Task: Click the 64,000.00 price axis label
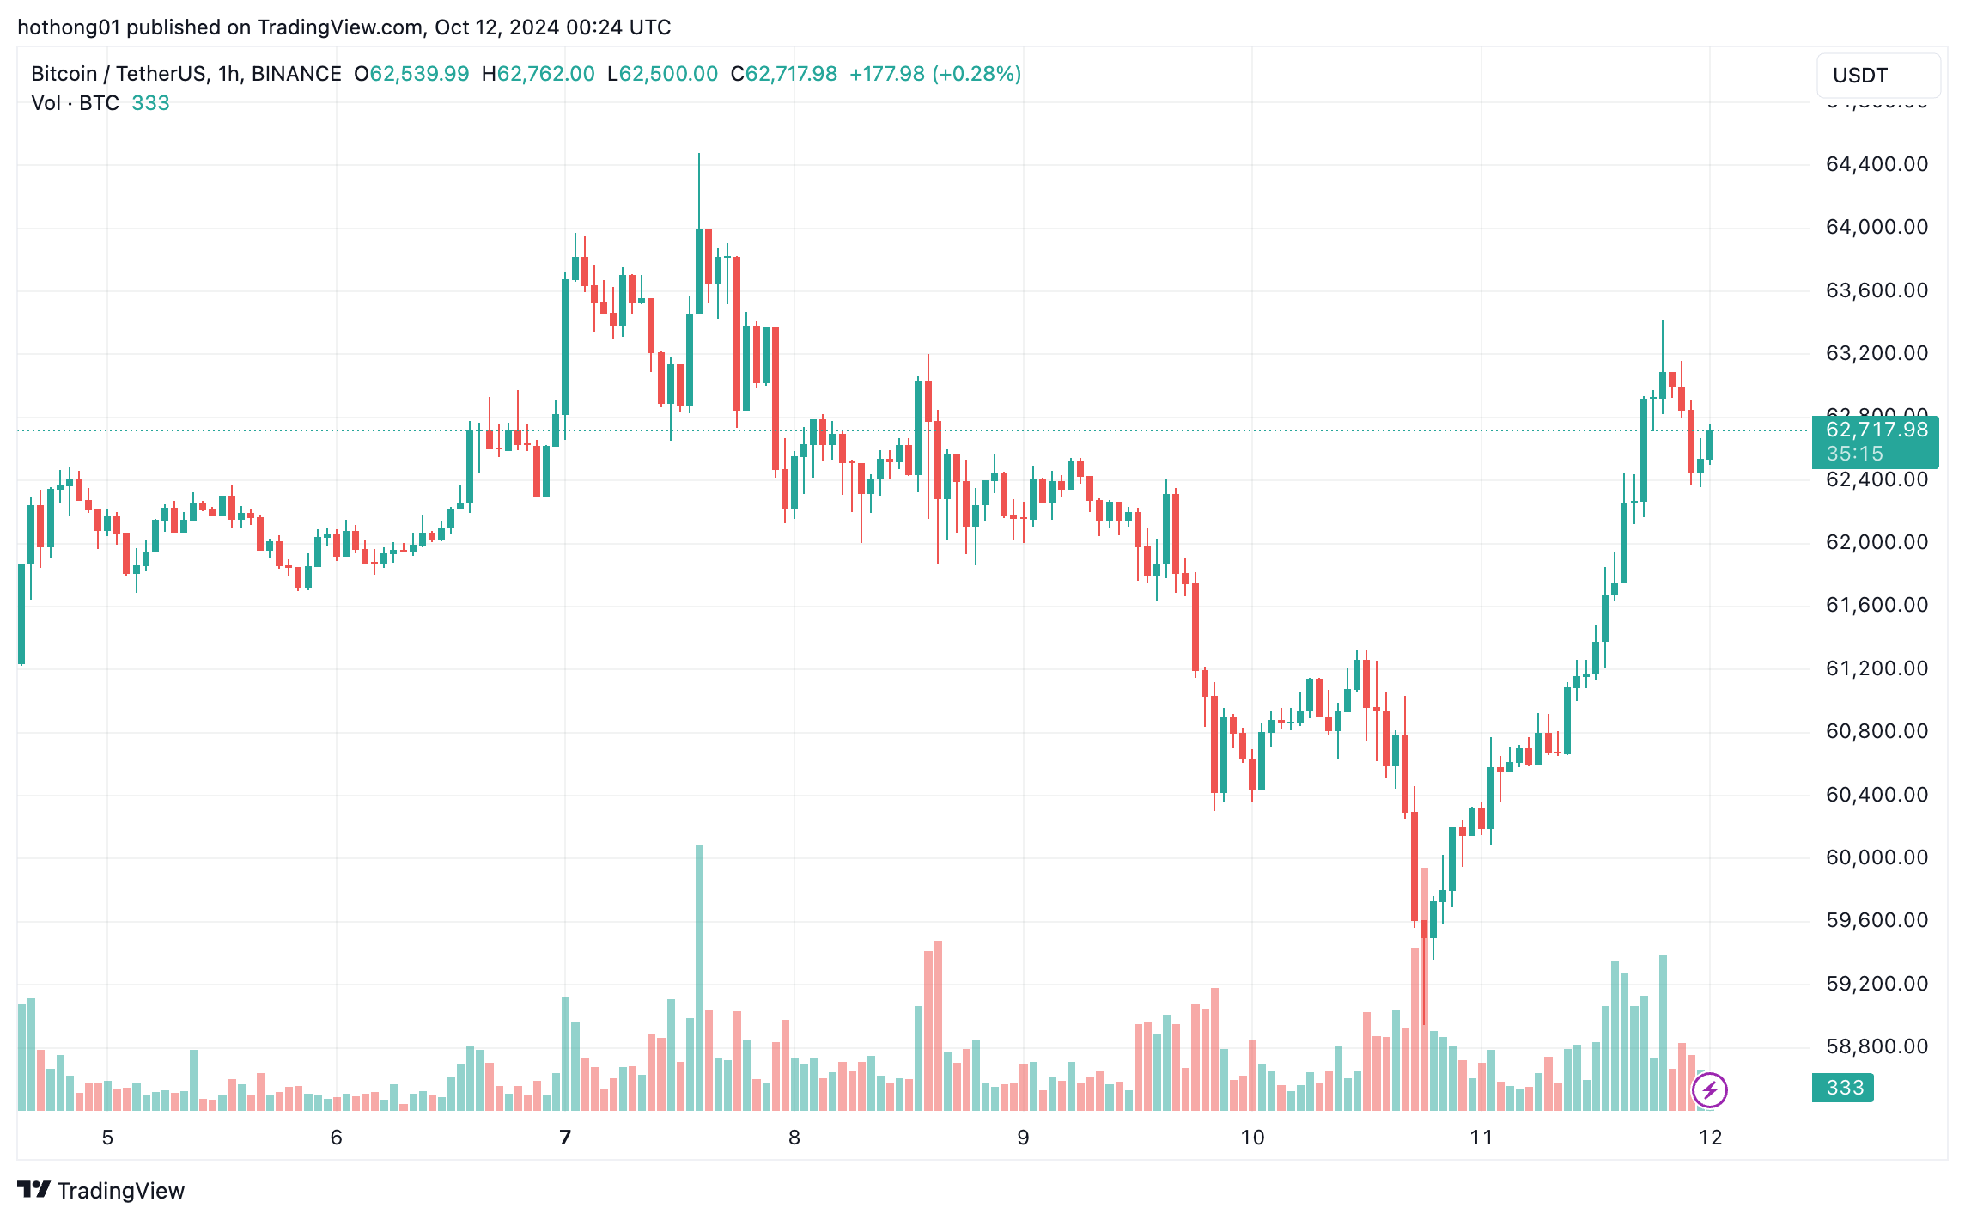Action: click(x=1877, y=227)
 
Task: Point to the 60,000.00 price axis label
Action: click(x=1877, y=857)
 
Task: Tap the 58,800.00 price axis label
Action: click(x=1877, y=1046)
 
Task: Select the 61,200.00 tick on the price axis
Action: click(x=1877, y=668)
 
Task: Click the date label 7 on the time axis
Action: click(x=565, y=1138)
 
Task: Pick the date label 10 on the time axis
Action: click(x=1252, y=1138)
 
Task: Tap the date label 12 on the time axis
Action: click(x=1710, y=1138)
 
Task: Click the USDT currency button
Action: click(x=1877, y=76)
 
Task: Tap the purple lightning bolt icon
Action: click(x=1709, y=1090)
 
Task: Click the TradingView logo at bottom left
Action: click(x=101, y=1190)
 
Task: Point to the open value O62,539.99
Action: click(x=412, y=74)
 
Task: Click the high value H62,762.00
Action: click(x=538, y=74)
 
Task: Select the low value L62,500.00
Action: click(x=662, y=74)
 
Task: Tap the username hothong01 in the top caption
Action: click(x=69, y=27)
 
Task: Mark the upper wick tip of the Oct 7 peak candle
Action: click(x=699, y=154)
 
